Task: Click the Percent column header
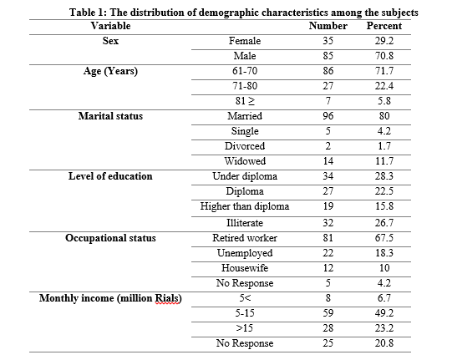tap(384, 26)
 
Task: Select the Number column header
tap(328, 26)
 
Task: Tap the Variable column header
tap(110, 26)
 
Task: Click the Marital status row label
tap(110, 116)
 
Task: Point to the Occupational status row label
tap(110, 238)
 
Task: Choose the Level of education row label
tap(110, 176)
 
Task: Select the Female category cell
tap(245, 41)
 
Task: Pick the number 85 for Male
tap(328, 56)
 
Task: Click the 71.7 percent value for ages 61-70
tap(384, 71)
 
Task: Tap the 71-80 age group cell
tap(245, 86)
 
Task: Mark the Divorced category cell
tap(245, 146)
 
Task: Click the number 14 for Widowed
tap(328, 161)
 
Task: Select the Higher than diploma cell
tap(245, 206)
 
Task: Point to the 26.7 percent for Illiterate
tap(384, 223)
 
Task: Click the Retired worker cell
tap(245, 238)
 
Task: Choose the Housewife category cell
tap(245, 268)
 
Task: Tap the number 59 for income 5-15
tap(328, 313)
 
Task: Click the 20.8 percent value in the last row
tap(384, 343)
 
